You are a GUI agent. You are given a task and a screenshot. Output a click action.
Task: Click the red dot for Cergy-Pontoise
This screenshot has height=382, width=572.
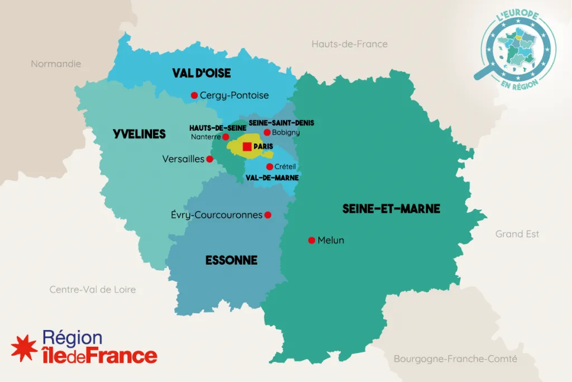pyautogui.click(x=194, y=95)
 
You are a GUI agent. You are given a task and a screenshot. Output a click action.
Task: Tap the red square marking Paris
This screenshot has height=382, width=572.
pyautogui.click(x=247, y=146)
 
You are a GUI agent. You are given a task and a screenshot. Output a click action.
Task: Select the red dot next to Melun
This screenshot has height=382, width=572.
pyautogui.click(x=312, y=241)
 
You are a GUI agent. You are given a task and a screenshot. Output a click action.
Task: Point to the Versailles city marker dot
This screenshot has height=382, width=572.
pyautogui.click(x=209, y=159)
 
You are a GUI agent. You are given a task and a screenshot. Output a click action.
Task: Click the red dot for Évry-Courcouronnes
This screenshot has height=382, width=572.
pyautogui.click(x=268, y=215)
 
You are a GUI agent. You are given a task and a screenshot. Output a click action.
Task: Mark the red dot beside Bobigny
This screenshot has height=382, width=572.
pyautogui.click(x=267, y=132)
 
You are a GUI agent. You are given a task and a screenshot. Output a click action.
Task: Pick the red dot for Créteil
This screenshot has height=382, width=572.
pyautogui.click(x=269, y=166)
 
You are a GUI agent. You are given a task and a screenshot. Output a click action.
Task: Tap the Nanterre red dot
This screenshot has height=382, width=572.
pyautogui.click(x=226, y=136)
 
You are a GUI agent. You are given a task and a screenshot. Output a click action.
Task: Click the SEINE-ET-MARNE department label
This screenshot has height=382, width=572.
pyautogui.click(x=391, y=209)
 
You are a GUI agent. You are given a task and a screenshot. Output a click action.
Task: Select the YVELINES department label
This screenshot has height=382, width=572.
pyautogui.click(x=139, y=134)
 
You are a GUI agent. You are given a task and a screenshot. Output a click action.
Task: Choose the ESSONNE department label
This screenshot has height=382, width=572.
pyautogui.click(x=231, y=260)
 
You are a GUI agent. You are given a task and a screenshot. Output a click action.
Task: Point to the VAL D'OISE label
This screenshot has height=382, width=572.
pyautogui.click(x=201, y=73)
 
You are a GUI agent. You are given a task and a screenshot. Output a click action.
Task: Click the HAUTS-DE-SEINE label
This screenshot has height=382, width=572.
pyautogui.click(x=217, y=128)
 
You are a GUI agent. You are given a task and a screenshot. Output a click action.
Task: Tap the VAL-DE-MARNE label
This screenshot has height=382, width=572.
pyautogui.click(x=272, y=178)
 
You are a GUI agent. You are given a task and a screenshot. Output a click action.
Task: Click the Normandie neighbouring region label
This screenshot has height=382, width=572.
pyautogui.click(x=56, y=64)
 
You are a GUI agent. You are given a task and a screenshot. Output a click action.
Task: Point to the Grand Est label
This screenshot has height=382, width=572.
pyautogui.click(x=517, y=234)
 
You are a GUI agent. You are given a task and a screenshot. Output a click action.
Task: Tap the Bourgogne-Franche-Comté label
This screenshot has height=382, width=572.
pyautogui.click(x=455, y=359)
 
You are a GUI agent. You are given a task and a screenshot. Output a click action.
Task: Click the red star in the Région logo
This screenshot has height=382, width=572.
pyautogui.click(x=24, y=347)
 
